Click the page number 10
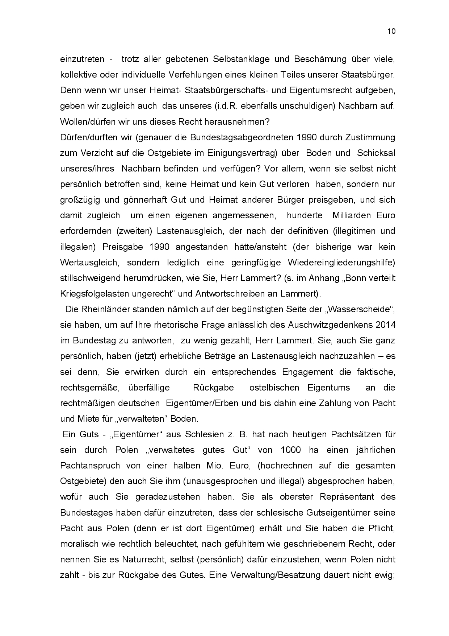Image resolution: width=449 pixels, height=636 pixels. pos(391,31)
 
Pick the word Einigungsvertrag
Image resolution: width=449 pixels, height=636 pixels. pos(242,153)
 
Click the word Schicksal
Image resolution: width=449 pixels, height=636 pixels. pos(376,153)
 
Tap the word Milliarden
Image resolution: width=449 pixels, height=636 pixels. pos(352,215)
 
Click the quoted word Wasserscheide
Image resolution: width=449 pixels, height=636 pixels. pos(366,310)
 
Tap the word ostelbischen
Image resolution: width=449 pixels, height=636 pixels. pos(274,388)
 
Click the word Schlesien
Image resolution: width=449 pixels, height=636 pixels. pos(205,434)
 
